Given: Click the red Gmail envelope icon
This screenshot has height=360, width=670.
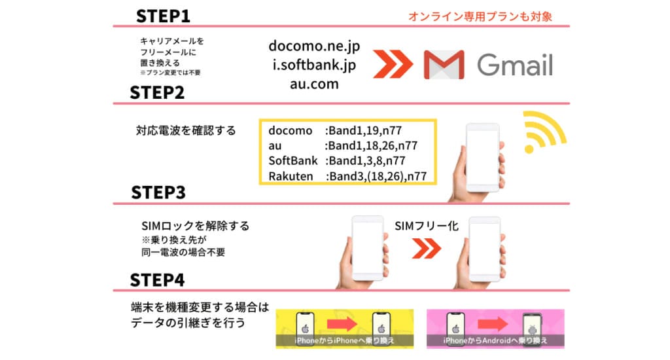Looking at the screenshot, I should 444,65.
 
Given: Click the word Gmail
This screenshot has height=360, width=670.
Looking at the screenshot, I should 514,65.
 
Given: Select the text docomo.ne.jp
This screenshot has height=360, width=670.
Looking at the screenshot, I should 314,47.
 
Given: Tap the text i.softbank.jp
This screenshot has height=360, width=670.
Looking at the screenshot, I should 314,65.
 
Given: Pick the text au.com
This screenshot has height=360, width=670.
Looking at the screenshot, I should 314,84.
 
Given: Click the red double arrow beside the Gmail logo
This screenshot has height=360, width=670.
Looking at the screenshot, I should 393,65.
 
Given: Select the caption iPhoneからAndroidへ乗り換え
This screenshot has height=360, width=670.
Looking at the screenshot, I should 495,341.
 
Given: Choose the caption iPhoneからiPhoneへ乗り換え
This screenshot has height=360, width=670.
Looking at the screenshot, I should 344,341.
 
